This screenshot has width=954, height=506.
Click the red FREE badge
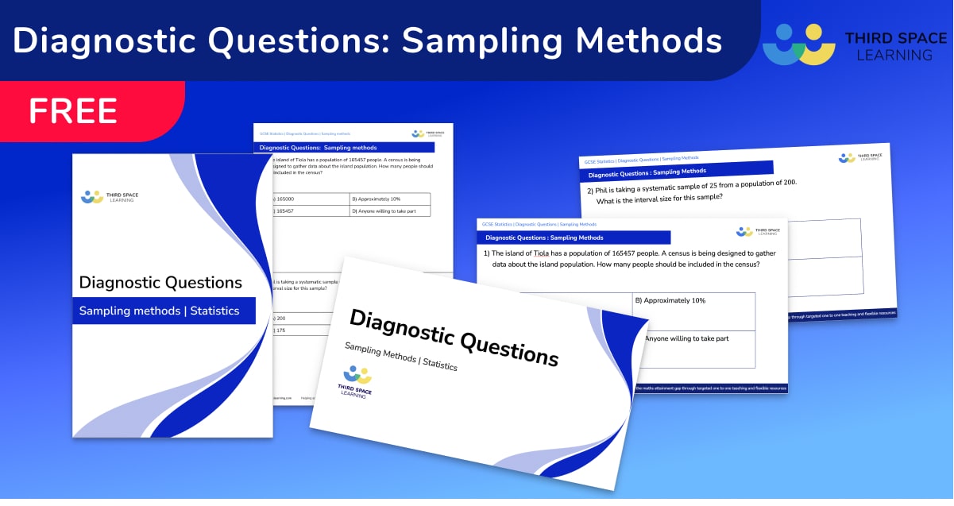tap(73, 110)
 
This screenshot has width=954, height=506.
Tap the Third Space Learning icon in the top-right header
tap(798, 44)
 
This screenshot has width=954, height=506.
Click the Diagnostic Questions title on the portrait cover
tap(160, 282)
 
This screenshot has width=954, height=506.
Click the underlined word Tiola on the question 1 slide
tap(543, 253)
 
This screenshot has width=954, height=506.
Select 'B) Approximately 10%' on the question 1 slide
tap(670, 301)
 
